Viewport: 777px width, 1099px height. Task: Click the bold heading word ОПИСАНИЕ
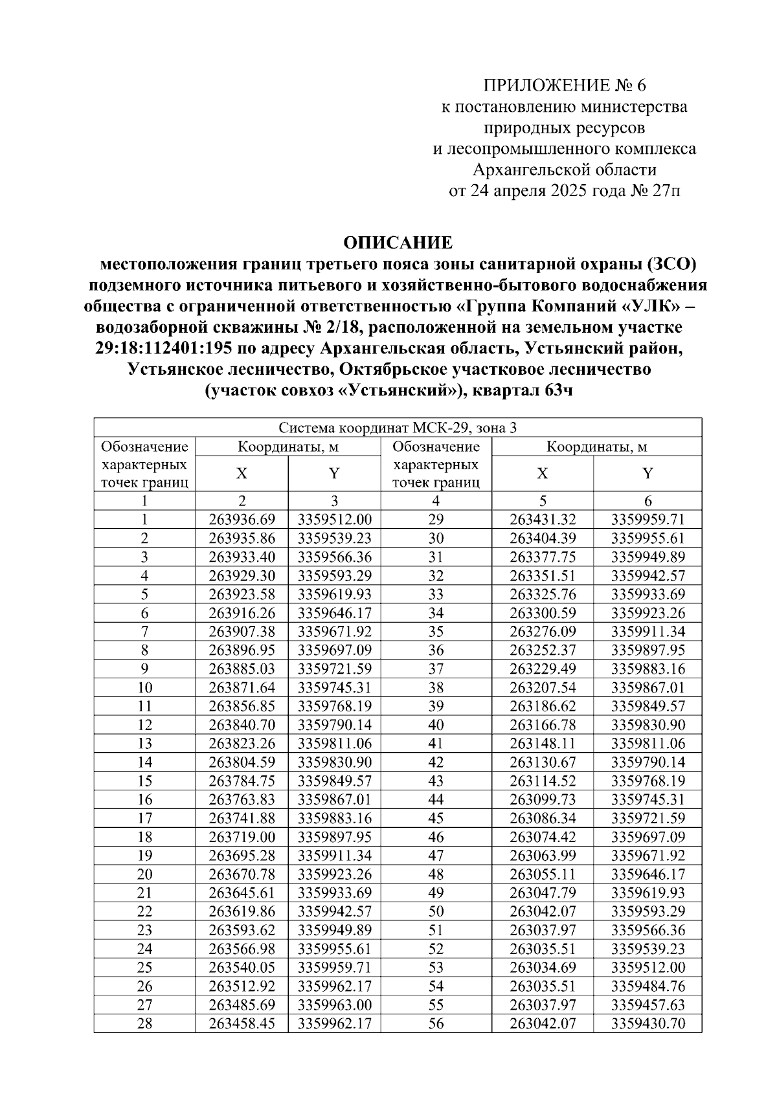398,243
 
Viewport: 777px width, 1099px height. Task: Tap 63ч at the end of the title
559,391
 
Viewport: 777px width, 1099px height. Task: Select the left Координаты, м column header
287,447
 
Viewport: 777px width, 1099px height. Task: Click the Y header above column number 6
647,473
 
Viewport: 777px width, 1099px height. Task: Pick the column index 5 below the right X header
542,500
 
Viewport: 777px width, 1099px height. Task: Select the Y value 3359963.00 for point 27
334,1005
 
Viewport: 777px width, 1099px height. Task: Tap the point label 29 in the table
436,519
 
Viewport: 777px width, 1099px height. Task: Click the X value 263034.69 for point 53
542,968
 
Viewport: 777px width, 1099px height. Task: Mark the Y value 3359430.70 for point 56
647,1024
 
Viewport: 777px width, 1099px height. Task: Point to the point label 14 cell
144,762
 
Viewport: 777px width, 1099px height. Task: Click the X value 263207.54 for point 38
542,687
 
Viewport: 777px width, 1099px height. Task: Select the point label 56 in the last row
436,1024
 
